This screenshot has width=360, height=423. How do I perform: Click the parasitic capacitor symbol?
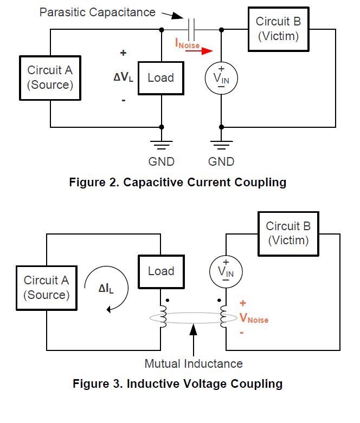[x=191, y=29]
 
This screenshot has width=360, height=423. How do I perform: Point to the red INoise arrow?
[x=199, y=51]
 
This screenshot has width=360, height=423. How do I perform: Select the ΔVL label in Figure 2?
[x=124, y=77]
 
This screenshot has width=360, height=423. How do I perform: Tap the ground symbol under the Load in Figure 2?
[x=162, y=145]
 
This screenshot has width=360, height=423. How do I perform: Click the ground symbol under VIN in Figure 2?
[x=221, y=145]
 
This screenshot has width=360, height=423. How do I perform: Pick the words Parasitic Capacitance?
[x=98, y=12]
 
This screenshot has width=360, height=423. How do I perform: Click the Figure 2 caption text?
[x=178, y=182]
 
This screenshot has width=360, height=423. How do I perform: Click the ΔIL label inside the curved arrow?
[x=106, y=289]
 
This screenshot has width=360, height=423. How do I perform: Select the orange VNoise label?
[x=254, y=318]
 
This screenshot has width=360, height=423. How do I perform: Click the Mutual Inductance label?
[x=194, y=363]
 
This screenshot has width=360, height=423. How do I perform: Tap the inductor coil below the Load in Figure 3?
[x=163, y=317]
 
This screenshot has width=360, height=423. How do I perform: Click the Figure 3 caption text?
[x=178, y=383]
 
